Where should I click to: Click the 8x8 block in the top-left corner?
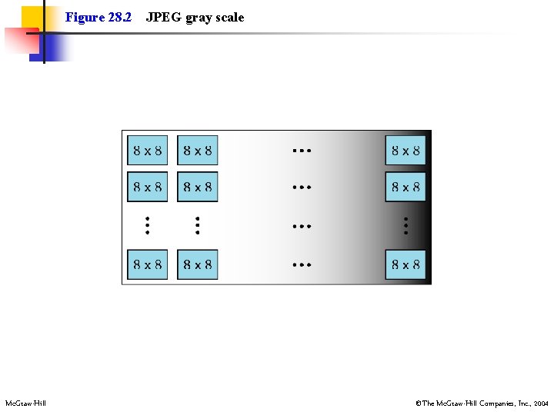[x=147, y=151]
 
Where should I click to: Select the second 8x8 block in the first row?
[x=197, y=151]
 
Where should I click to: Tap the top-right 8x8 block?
[x=405, y=151]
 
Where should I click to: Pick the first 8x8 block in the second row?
[x=147, y=187]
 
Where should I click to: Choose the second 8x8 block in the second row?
[x=197, y=187]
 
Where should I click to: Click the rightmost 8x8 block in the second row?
[x=405, y=187]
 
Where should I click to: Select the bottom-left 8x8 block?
[x=147, y=265]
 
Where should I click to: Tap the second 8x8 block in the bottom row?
[x=197, y=265]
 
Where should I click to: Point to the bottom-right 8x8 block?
[x=405, y=265]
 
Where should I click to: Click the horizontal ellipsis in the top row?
[x=302, y=151]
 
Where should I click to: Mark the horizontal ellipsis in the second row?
[x=302, y=187]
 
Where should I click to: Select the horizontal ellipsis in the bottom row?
[x=302, y=265]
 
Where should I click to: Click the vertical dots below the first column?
[x=146, y=225]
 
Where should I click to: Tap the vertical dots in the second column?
[x=197, y=225]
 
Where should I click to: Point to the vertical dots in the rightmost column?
[x=405, y=225]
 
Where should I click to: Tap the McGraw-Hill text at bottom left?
[x=25, y=403]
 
